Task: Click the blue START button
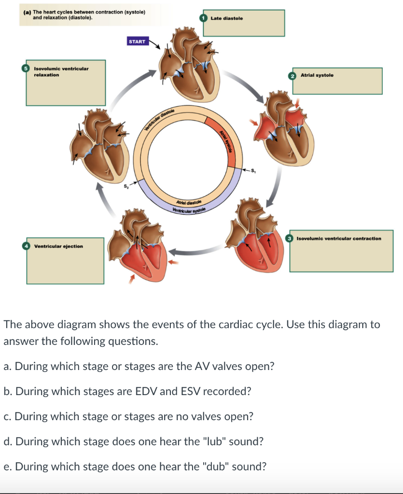click(x=137, y=41)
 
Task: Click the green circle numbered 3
click(x=290, y=238)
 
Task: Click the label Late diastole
click(x=227, y=18)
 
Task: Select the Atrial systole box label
click(x=317, y=75)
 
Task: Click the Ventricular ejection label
click(x=58, y=246)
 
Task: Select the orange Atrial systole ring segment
click(x=224, y=140)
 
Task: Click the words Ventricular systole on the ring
click(x=189, y=211)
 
